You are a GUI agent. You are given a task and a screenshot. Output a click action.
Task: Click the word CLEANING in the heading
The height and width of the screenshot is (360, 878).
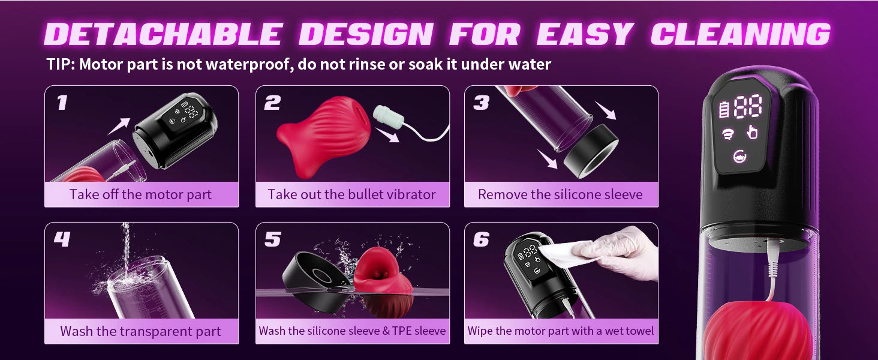pyautogui.click(x=740, y=34)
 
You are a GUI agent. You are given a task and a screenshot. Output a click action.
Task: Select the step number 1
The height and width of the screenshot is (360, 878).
pyautogui.click(x=62, y=103)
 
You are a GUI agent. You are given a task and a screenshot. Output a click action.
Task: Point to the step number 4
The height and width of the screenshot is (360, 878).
pyautogui.click(x=62, y=239)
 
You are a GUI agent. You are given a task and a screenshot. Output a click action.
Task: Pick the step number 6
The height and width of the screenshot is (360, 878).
pyautogui.click(x=481, y=239)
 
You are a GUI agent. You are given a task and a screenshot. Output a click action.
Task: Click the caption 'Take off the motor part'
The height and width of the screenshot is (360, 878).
pyautogui.click(x=140, y=194)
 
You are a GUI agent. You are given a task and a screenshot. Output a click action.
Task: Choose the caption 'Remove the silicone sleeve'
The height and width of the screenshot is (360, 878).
pyautogui.click(x=560, y=194)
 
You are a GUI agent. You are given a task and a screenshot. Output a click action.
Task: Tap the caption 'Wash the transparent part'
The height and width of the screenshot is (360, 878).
pyautogui.click(x=140, y=331)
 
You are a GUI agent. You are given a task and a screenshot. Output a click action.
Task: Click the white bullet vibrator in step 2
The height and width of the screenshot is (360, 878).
pyautogui.click(x=388, y=116)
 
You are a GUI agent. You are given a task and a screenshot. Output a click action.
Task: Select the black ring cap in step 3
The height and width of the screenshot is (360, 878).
pyautogui.click(x=591, y=151)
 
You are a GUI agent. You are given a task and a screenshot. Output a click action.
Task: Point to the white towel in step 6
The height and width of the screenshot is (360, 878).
pyautogui.click(x=564, y=254)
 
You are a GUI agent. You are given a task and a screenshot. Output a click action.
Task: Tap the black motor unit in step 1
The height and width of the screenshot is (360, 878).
pyautogui.click(x=175, y=130)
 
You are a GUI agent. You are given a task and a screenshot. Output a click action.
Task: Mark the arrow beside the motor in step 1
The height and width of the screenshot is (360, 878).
pyautogui.click(x=119, y=126)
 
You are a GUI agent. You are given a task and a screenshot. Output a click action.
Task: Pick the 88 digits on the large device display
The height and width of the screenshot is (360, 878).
pyautogui.click(x=748, y=106)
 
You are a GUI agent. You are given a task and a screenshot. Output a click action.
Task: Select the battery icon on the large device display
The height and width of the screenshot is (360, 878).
pyautogui.click(x=723, y=109)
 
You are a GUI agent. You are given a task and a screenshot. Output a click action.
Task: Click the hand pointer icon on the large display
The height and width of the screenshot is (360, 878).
pyautogui.click(x=752, y=133)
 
